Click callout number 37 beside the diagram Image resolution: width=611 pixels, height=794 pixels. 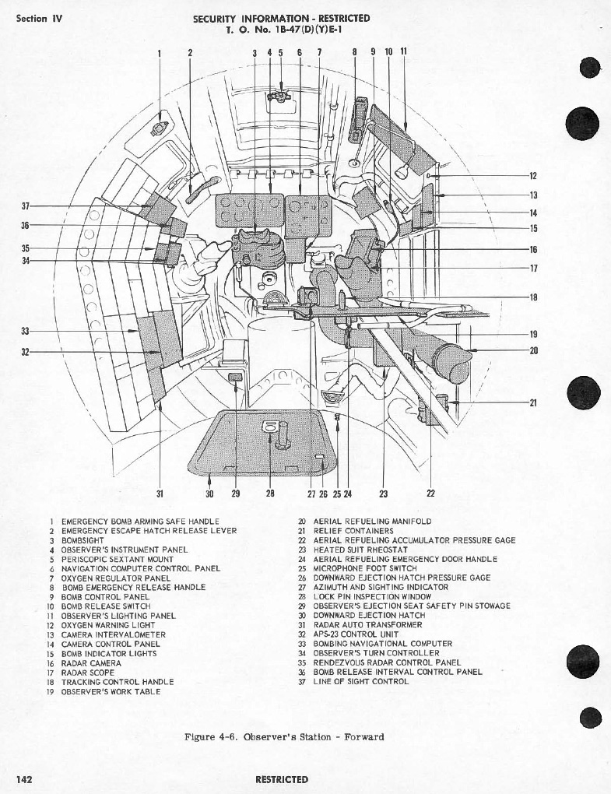(x=26, y=206)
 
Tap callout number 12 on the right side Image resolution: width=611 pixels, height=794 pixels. (x=533, y=176)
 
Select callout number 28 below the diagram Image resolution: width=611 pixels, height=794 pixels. (x=270, y=493)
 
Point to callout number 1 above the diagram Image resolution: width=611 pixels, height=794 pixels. (x=160, y=53)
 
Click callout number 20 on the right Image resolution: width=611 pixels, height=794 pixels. (x=533, y=350)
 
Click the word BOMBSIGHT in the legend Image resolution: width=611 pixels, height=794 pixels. (x=83, y=540)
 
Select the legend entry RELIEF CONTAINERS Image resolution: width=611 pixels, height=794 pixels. (x=353, y=531)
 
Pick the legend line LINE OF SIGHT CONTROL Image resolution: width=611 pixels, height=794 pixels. (x=361, y=682)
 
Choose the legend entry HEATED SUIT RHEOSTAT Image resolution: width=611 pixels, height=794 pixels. (x=360, y=550)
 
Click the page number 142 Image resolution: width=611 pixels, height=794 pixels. (x=24, y=778)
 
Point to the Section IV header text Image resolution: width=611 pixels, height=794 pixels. (x=39, y=19)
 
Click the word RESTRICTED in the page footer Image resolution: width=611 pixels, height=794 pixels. (x=282, y=780)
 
